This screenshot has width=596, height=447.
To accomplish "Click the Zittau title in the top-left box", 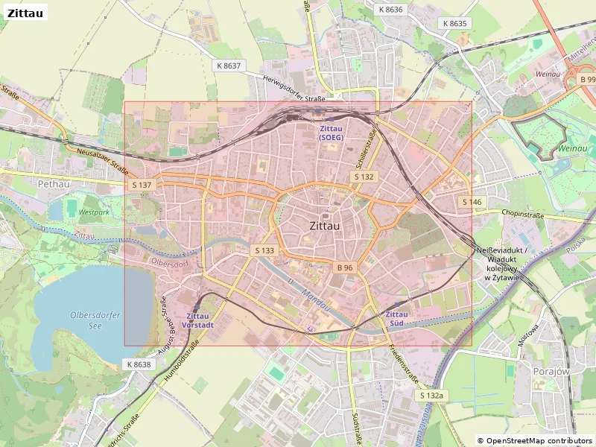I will [x=25, y=13].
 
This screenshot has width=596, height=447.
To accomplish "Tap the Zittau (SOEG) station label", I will [x=331, y=133].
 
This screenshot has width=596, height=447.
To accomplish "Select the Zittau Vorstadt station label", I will [x=200, y=320].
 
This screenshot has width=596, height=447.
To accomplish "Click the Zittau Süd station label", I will [x=396, y=319].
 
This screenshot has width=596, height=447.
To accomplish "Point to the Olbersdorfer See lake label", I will [x=95, y=320].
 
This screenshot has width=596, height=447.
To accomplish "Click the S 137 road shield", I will [x=141, y=184].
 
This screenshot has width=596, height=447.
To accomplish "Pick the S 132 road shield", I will [x=364, y=177].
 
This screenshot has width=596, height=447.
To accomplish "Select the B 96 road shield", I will [x=344, y=267].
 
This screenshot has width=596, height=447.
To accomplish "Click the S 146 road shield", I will [x=472, y=202].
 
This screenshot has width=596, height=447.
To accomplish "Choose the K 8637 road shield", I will [x=229, y=66].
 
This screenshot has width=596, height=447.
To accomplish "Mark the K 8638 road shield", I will [x=138, y=364].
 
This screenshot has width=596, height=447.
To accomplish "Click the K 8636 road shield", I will [x=390, y=10].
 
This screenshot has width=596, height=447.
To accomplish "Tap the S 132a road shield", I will [x=431, y=395].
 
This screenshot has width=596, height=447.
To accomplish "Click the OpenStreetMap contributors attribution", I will [x=535, y=440].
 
